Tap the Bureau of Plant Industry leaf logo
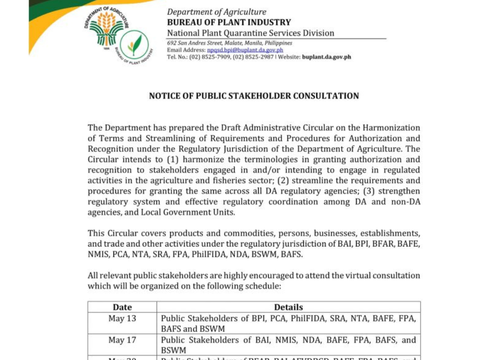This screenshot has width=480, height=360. tap(134, 45)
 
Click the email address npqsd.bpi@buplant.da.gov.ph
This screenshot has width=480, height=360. tap(245, 50)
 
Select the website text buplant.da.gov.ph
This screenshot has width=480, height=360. tap(326, 57)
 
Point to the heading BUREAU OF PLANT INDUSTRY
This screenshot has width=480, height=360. tap(229, 22)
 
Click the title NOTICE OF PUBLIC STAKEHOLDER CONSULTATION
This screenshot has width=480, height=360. tap(254, 96)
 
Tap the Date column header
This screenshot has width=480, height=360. tap(122, 307)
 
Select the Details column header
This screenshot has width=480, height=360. tap(288, 307)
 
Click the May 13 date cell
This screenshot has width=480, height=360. tap(122, 319)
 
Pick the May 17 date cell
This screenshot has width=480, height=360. tap(122, 340)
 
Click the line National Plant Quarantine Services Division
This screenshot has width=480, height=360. tap(251, 33)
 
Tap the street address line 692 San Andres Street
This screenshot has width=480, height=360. tap(229, 43)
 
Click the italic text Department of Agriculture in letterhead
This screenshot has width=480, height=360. tap(217, 12)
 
